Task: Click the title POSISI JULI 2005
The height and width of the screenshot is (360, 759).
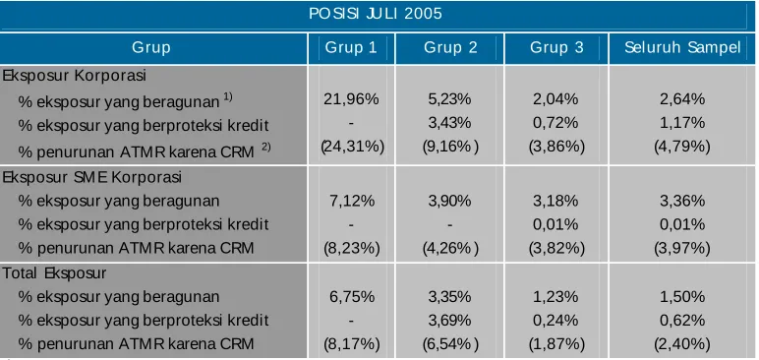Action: pos(376,13)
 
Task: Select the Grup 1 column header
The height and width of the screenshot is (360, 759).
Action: pos(350,47)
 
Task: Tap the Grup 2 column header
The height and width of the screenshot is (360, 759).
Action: pos(450,47)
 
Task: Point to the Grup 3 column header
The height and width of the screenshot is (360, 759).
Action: pos(556,47)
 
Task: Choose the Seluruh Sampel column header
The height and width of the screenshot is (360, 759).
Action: pos(682,47)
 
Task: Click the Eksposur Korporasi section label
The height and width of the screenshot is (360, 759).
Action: pos(74,76)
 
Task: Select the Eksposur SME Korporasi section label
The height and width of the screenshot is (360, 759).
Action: pos(92,177)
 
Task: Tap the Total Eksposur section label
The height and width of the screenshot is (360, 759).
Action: pos(54,273)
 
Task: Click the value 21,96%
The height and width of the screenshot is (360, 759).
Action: pos(351,99)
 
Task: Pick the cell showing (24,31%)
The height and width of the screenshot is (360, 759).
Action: pos(352,146)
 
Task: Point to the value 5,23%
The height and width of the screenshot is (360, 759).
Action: pos(449,99)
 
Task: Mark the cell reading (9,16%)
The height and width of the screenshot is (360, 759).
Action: pos(450,146)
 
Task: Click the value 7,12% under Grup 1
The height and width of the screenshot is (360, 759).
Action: pos(352,201)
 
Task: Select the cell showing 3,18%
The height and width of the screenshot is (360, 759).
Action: pos(555,201)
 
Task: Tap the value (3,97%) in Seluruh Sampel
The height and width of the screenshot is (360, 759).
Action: pos(682,249)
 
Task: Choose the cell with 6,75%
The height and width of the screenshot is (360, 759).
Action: pos(352,296)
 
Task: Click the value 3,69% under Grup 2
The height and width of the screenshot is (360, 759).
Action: pos(449,321)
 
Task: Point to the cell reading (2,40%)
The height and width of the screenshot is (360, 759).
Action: pos(682,344)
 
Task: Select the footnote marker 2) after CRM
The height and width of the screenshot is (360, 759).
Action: pos(265,148)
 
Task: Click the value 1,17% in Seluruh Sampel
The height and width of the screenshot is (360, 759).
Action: pos(682,123)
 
